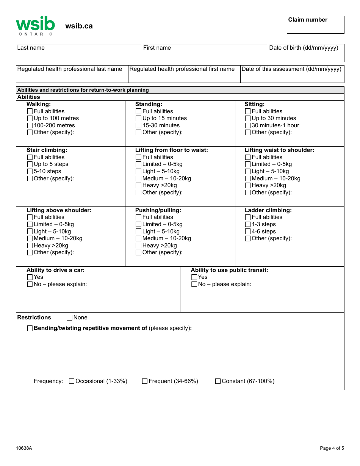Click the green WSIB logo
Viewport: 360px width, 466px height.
35,25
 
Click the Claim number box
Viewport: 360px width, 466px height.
315,25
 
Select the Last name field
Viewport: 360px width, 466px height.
79,53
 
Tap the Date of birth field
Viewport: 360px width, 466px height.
306,53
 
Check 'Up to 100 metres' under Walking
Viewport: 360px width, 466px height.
30,119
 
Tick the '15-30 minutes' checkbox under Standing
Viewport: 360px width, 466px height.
139,125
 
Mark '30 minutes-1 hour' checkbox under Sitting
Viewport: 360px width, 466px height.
248,125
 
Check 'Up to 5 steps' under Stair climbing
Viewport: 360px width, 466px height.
30,164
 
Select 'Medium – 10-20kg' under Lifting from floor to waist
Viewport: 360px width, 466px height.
139,178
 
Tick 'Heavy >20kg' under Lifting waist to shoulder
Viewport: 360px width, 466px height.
248,186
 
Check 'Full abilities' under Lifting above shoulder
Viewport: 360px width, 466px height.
30,217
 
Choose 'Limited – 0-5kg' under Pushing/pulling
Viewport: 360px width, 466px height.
139,224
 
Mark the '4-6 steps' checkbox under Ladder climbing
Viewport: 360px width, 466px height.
248,231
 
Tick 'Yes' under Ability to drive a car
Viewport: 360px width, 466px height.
30,277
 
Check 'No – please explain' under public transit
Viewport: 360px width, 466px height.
194,285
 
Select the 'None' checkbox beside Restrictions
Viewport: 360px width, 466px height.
70,318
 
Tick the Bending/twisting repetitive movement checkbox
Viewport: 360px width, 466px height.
30,328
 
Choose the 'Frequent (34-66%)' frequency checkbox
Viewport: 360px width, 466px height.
145,382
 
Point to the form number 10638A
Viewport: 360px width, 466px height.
24,448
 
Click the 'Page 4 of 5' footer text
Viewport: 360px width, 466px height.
332,448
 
